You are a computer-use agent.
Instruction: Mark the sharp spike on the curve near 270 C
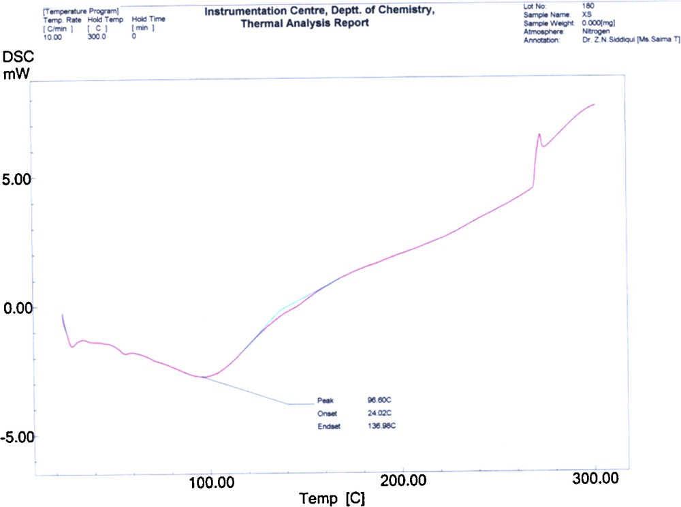[x=539, y=135]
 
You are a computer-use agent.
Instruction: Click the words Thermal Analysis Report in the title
[x=305, y=23]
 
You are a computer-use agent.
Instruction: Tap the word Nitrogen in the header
[x=597, y=31]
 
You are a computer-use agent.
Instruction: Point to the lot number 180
[x=588, y=5]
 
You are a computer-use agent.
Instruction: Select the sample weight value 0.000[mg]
[x=599, y=22]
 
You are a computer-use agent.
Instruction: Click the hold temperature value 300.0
[x=97, y=36]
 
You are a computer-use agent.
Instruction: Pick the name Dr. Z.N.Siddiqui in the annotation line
[x=608, y=40]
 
